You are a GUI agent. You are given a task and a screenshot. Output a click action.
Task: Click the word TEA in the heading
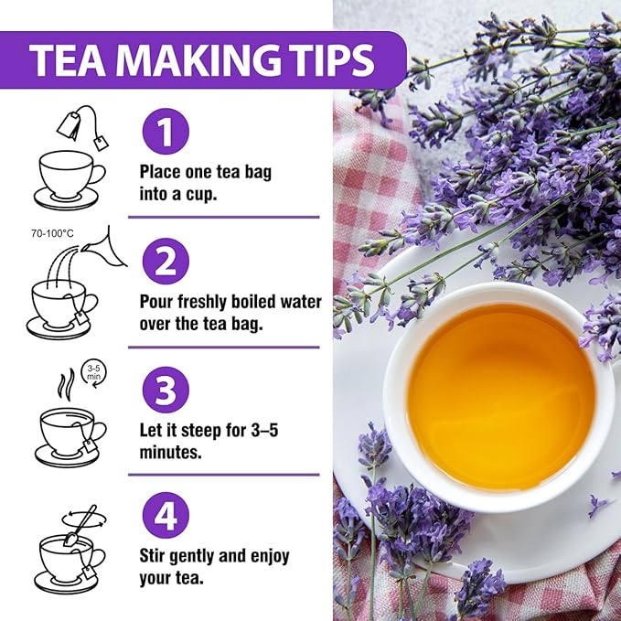(66, 60)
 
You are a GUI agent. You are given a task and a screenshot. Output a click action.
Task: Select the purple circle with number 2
(166, 262)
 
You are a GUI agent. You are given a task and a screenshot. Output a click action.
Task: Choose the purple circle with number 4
(166, 518)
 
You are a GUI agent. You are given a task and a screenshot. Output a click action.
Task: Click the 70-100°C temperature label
(52, 235)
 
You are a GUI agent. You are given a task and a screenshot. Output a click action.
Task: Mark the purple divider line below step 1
(223, 217)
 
